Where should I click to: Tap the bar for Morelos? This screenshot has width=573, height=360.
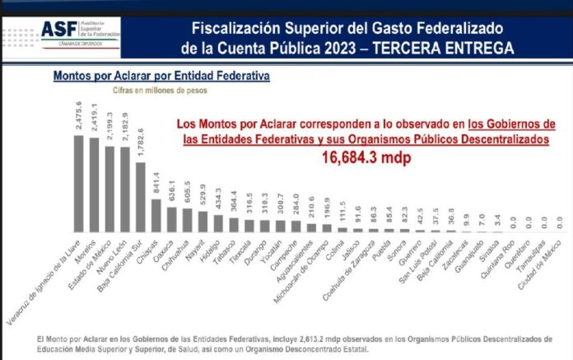pyautogui.click(x=94, y=184)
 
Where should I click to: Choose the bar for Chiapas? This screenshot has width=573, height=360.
pyautogui.click(x=156, y=214)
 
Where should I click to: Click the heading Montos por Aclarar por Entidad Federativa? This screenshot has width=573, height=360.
pyautogui.click(x=162, y=76)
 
